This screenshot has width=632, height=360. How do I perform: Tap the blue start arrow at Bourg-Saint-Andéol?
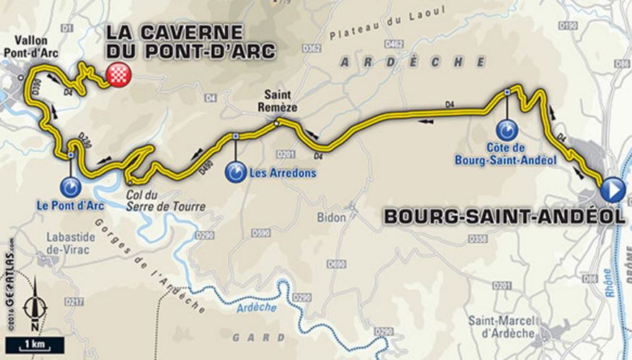[612, 189]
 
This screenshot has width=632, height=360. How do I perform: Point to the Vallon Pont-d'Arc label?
[31, 48]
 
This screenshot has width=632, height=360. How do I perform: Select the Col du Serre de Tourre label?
[172, 202]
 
